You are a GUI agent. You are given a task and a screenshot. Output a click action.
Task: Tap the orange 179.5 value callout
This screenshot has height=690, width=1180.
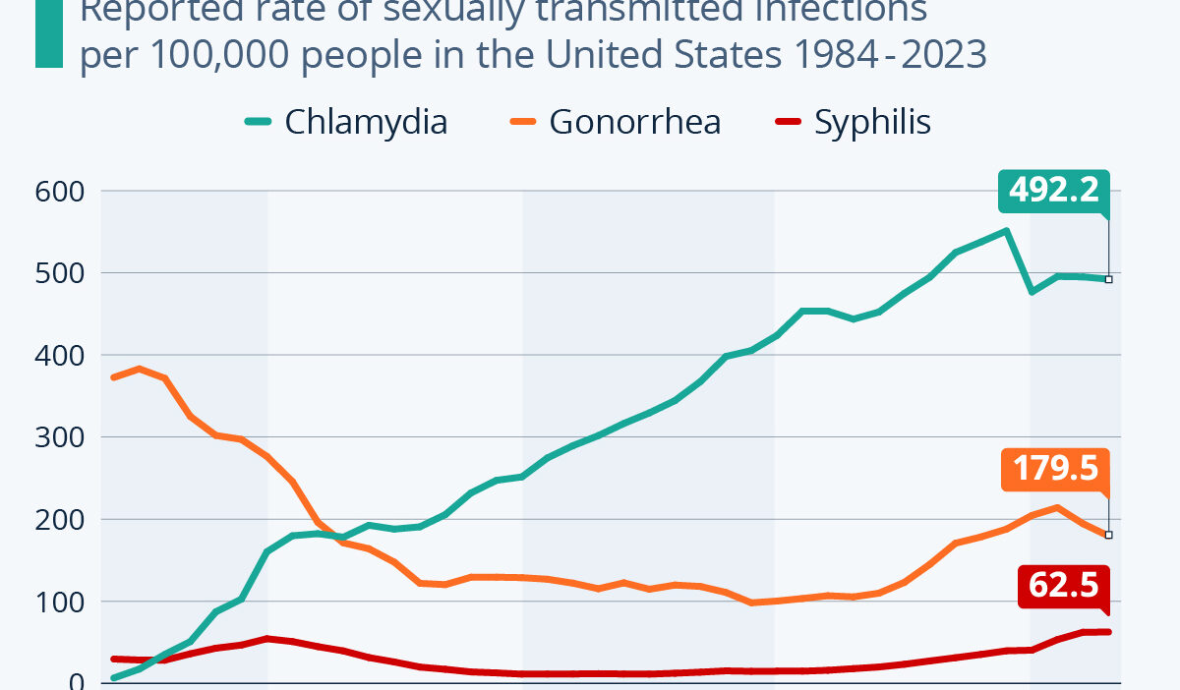[1055, 469]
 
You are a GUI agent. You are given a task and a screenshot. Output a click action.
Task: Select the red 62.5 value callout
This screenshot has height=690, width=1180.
[1063, 586]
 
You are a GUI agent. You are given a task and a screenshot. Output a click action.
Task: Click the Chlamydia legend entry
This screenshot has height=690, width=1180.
[346, 122]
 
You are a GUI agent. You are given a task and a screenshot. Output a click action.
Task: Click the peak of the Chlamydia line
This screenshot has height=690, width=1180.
[1006, 231]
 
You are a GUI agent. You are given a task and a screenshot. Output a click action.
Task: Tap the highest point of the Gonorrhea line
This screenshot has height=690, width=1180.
[140, 369]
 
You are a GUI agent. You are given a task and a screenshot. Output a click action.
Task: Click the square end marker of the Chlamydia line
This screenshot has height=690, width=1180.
[1108, 279]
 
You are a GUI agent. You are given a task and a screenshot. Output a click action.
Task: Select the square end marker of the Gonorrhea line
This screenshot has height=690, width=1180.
[1108, 535]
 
